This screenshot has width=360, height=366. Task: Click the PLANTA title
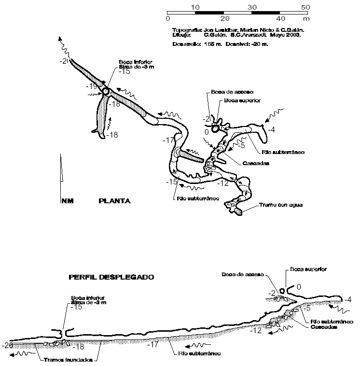coord(114,200)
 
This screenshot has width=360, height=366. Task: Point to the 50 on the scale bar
coord(305,7)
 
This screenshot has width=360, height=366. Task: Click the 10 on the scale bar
coord(195,7)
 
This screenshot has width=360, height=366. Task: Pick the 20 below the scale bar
coord(223,18)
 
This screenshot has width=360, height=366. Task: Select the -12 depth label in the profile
coord(256,330)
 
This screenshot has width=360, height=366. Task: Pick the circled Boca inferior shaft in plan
coord(106,91)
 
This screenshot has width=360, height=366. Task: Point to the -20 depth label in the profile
coord(7,345)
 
